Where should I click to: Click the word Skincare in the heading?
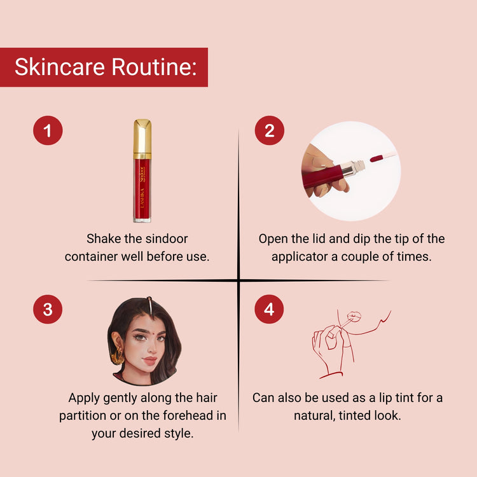point(60,67)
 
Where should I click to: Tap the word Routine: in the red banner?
point(155,67)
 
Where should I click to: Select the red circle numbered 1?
point(48,130)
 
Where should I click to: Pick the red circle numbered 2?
point(270,130)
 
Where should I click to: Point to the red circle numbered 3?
point(48,309)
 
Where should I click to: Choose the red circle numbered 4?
point(269,309)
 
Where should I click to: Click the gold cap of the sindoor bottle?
point(142,139)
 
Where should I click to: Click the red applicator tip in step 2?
point(377,158)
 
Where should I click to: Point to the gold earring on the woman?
point(118,357)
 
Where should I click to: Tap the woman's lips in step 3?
point(150,361)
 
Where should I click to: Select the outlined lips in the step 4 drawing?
point(354,316)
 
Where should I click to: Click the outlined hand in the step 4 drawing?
point(329,350)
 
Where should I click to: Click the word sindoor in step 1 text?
point(167,238)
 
